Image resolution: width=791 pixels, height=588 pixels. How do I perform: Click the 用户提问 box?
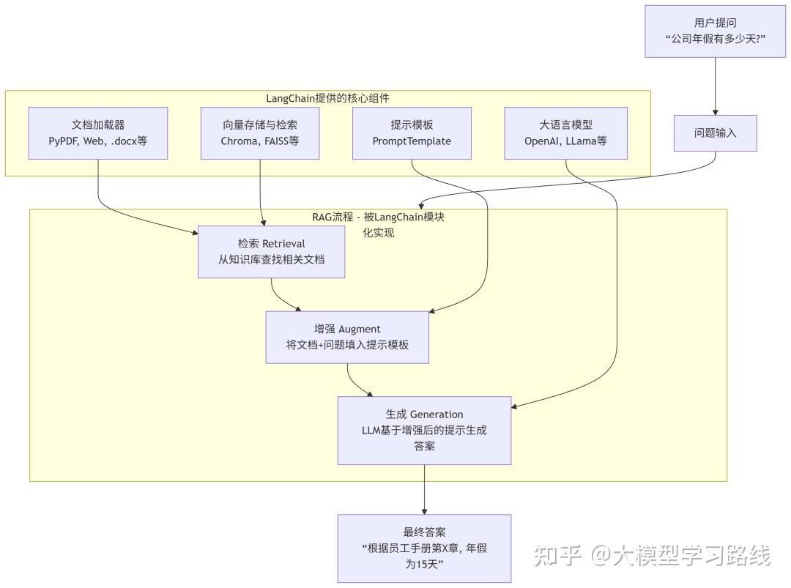[715, 31]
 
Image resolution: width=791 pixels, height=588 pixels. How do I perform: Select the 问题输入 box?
[715, 133]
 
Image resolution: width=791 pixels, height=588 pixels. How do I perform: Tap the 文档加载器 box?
[98, 133]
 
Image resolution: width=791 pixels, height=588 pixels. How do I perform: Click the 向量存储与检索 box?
[260, 133]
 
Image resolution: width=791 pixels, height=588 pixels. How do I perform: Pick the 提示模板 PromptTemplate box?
[412, 133]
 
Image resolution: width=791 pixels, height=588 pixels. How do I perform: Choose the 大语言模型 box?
[565, 133]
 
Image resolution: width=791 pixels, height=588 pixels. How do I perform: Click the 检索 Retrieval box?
[271, 251]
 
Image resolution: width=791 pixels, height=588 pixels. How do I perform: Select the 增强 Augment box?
[347, 337]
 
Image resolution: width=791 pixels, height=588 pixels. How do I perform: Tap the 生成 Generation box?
[424, 430]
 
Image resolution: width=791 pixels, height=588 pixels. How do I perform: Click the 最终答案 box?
[424, 548]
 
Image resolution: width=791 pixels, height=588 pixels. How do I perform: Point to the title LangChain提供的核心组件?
[327, 98]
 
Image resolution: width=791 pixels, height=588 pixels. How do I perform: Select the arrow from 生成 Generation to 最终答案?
[424, 489]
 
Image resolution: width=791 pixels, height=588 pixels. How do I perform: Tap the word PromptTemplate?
[412, 141]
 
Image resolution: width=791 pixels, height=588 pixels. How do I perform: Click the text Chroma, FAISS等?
[260, 141]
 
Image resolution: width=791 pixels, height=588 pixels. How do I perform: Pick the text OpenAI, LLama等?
[565, 141]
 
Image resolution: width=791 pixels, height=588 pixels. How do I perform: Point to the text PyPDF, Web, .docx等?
[98, 141]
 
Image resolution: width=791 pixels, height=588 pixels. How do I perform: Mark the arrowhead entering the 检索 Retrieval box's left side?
[194, 233]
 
